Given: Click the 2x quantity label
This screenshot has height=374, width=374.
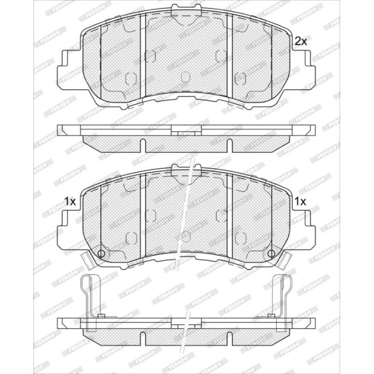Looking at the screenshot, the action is tap(300, 42).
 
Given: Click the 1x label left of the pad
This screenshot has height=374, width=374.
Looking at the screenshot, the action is tap(70, 202).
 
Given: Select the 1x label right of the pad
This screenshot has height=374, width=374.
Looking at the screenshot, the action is tap(300, 202).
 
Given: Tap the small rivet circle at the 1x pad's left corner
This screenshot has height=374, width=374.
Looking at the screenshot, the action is tap(101, 254).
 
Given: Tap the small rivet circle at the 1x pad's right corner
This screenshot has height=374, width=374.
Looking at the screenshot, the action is tap(271, 254).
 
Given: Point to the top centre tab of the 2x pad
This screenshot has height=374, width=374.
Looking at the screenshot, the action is tap(186, 10).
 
